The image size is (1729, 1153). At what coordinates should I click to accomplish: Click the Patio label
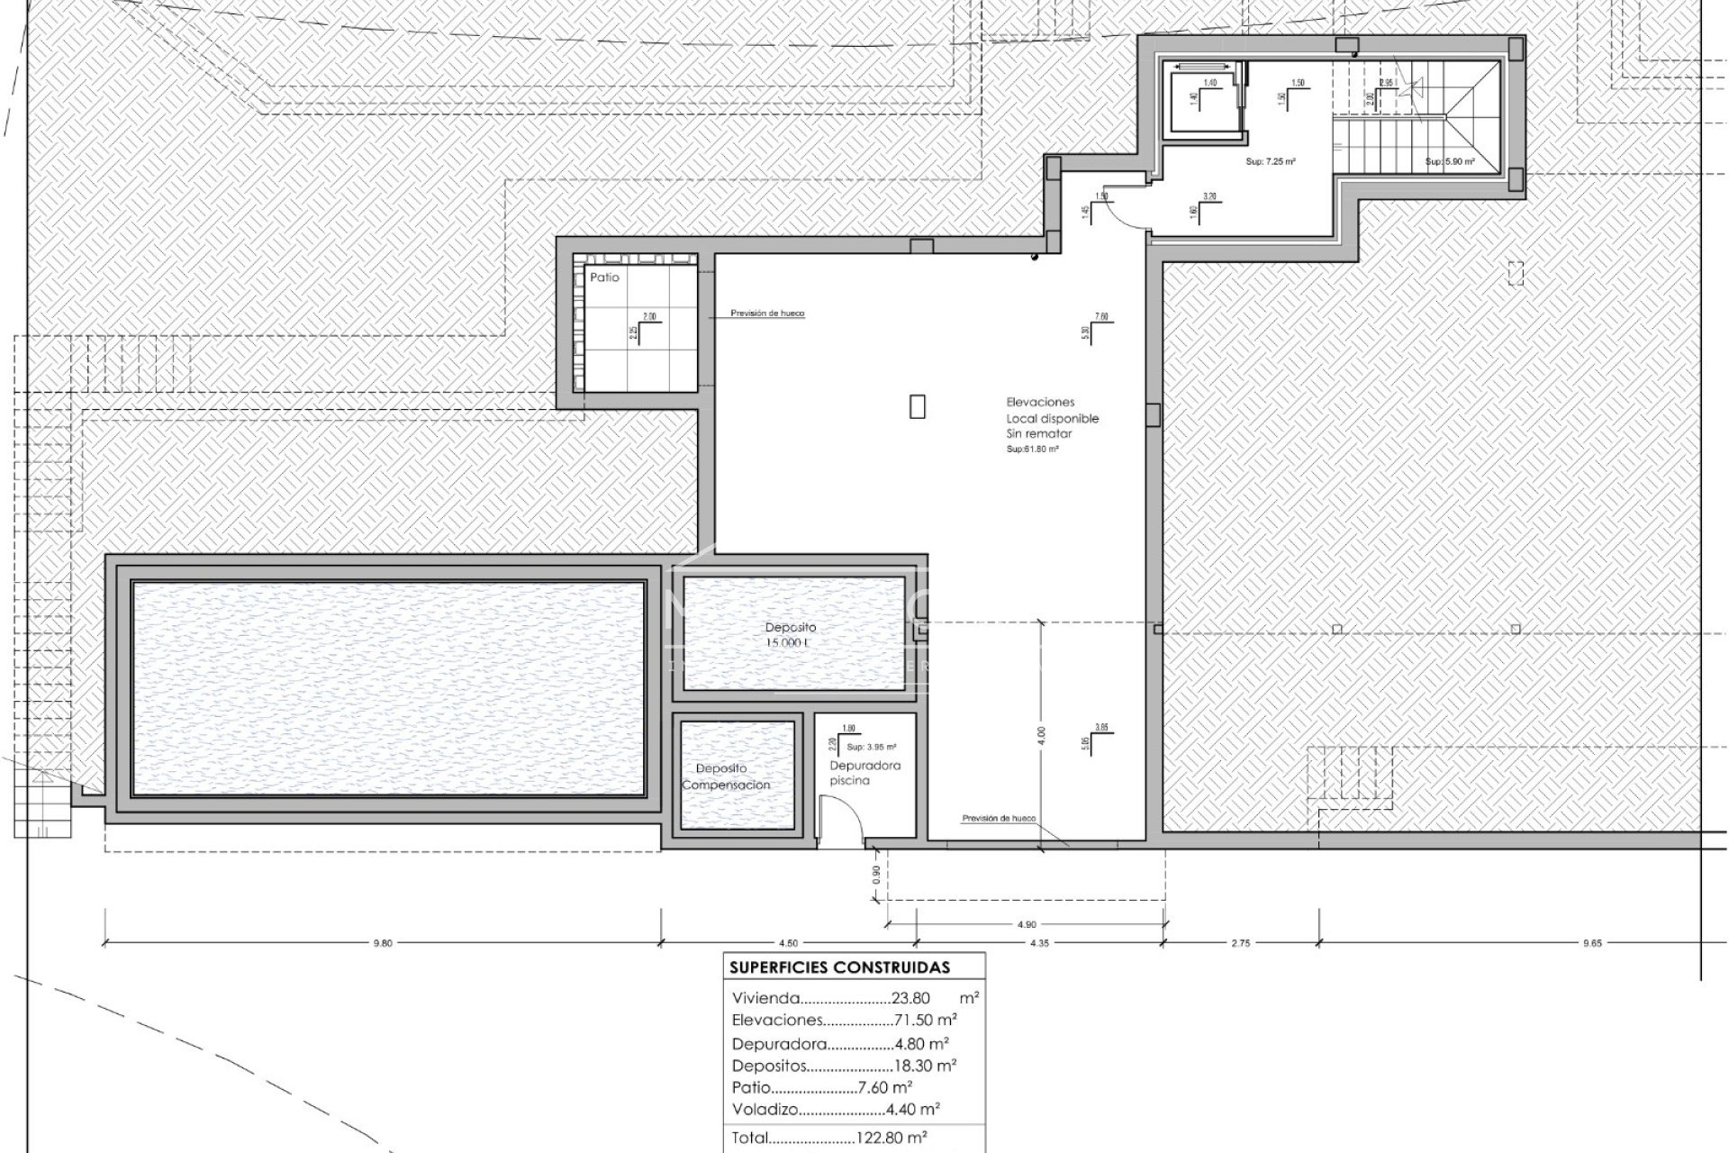tap(604, 277)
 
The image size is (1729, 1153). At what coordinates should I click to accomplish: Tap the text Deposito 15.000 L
tap(791, 635)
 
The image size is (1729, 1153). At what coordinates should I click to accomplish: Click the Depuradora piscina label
tap(852, 773)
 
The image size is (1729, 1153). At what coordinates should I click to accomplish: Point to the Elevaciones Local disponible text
tap(1052, 418)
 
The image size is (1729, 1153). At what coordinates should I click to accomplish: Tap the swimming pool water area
tap(389, 688)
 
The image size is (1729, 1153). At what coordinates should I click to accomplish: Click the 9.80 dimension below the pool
tap(383, 943)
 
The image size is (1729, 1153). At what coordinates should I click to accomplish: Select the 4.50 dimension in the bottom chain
tap(787, 943)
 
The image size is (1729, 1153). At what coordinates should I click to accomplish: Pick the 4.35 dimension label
tap(1037, 943)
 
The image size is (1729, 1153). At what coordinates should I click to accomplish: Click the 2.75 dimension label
tap(1240, 943)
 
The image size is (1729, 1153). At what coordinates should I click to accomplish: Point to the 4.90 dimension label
tap(1027, 924)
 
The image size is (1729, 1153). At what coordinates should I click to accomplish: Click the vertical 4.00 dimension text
tap(1041, 735)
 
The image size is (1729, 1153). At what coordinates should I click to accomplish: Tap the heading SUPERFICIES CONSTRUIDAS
tap(839, 967)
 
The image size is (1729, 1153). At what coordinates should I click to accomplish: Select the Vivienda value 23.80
tap(910, 998)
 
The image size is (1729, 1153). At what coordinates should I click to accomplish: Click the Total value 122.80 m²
tap(891, 1138)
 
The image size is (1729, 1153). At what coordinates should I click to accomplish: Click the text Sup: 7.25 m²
tap(1270, 162)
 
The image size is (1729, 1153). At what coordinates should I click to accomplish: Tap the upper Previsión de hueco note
tap(767, 313)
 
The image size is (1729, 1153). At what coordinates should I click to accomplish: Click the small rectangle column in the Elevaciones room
tap(917, 407)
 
